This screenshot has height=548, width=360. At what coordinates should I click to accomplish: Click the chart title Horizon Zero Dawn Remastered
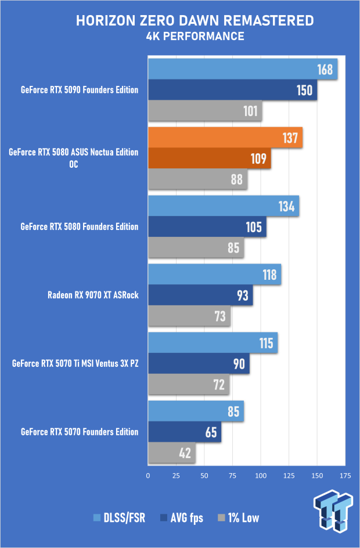pyautogui.click(x=195, y=21)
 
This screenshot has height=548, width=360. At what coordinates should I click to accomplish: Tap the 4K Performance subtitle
pyautogui.click(x=195, y=37)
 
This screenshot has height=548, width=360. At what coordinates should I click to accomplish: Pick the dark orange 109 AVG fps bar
pyautogui.click(x=210, y=158)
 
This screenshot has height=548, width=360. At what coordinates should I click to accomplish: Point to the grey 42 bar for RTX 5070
pyautogui.click(x=172, y=453)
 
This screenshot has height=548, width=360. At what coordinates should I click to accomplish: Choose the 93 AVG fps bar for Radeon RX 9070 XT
pyautogui.click(x=200, y=296)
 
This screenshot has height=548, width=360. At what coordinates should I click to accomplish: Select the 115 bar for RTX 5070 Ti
pyautogui.click(x=213, y=342)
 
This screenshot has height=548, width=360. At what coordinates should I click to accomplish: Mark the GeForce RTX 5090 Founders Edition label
pyautogui.click(x=80, y=90)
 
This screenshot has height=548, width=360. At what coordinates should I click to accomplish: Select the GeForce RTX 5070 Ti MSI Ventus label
pyautogui.click(x=75, y=364)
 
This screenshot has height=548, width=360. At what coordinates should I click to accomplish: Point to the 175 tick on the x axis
pyautogui.click(x=345, y=475)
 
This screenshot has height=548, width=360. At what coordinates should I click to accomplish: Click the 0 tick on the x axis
pyautogui.click(x=148, y=475)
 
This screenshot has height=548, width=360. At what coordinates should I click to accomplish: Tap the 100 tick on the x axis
pyautogui.click(x=261, y=475)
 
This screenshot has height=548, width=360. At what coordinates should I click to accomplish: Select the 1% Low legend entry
pyautogui.click(x=238, y=518)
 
